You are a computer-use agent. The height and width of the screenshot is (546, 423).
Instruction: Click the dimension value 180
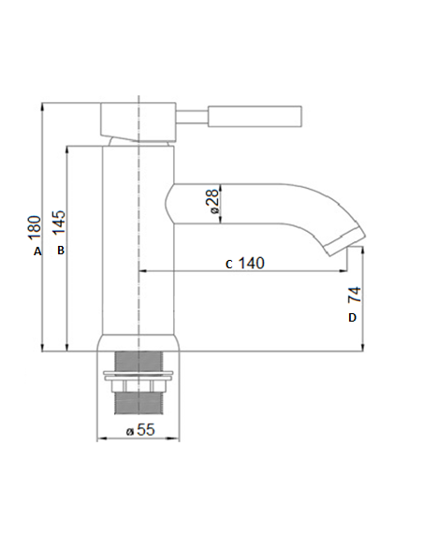[x=35, y=226]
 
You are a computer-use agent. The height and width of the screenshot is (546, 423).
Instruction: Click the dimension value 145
[x=58, y=222]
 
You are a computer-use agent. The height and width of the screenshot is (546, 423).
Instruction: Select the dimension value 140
[x=251, y=264]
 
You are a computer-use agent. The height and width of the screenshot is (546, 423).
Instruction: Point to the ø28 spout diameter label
[x=212, y=203]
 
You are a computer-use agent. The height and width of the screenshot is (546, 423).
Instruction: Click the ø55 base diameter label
[x=140, y=430]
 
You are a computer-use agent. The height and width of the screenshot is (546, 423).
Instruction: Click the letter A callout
[x=37, y=252]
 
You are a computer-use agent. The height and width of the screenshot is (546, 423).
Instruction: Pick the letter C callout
[x=228, y=265]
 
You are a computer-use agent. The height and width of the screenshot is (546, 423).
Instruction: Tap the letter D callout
[x=352, y=318]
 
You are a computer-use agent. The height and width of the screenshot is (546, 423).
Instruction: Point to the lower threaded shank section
[x=138, y=400]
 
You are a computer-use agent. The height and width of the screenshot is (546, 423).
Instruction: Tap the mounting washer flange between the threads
[x=138, y=378]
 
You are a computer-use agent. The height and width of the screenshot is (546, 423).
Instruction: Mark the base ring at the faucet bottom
[x=138, y=342]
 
